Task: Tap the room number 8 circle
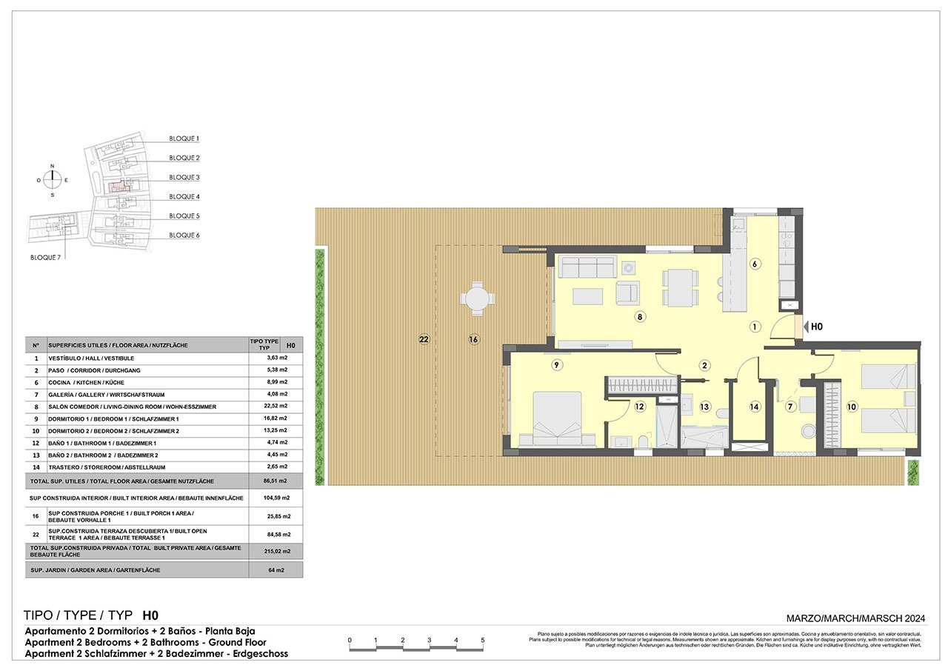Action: tap(640, 317)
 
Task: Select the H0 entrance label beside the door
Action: tap(817, 326)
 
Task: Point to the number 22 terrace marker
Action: tap(424, 340)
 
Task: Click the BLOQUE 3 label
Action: tap(184, 178)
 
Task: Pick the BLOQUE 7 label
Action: tap(44, 258)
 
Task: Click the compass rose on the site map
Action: tap(52, 180)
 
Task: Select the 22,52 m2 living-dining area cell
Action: tap(276, 407)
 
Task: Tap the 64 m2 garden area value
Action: tap(276, 570)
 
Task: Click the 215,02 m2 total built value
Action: tap(276, 551)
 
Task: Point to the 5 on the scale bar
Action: tap(483, 640)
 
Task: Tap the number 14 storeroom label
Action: tap(755, 407)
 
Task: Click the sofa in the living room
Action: tap(587, 267)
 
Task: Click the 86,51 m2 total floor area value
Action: tap(276, 480)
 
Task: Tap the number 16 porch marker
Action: tap(473, 340)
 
